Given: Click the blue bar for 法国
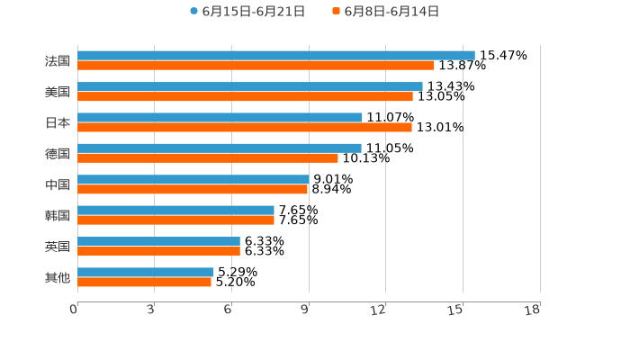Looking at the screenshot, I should point(275,56).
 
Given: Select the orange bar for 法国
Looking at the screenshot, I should point(256,66).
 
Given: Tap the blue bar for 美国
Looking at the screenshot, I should point(249,86).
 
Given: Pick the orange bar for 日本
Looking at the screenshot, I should point(244,127).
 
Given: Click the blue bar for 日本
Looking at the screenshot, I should point(220,117).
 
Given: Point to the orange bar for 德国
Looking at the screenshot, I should point(207,158).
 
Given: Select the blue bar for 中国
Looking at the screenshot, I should point(193,179).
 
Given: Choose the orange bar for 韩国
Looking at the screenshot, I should point(175,220).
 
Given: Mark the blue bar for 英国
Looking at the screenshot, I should point(158,241).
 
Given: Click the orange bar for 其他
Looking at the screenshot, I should point(144,282).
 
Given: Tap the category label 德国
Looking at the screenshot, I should point(58,154).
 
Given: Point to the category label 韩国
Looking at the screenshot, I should point(58,216).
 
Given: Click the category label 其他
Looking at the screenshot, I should point(58,278).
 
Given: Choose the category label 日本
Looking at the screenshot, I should point(58,122).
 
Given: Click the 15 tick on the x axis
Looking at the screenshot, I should point(456,310).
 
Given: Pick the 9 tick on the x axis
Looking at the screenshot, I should point(305,310).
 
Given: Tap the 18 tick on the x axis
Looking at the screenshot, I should point(533,310).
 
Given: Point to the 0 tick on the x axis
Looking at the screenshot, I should point(75,310).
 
